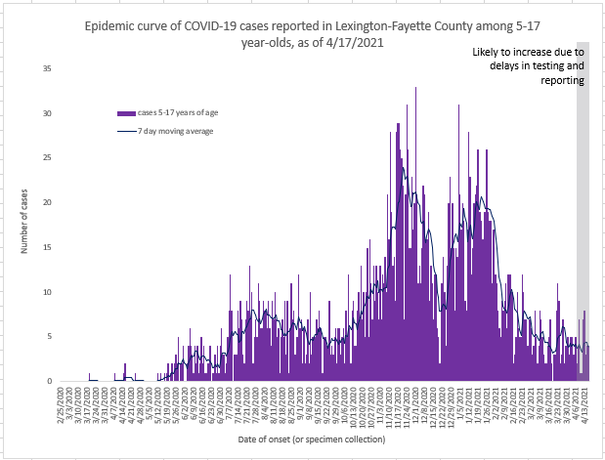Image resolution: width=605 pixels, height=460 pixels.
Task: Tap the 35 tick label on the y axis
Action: click(x=47, y=68)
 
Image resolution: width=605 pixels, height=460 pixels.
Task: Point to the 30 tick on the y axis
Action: click(x=47, y=113)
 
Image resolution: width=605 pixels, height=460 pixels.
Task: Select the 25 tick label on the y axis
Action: click(x=47, y=158)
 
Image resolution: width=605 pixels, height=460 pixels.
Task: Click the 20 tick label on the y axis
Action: click(x=47, y=202)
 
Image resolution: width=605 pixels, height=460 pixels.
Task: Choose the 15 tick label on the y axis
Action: click(x=47, y=247)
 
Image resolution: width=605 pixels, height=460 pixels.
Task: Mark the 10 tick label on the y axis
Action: click(x=47, y=292)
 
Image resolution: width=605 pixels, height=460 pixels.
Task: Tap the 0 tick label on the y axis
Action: click(x=50, y=381)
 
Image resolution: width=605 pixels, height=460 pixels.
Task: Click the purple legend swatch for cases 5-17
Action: click(x=123, y=113)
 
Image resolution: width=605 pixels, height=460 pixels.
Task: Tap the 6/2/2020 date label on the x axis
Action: click(x=186, y=408)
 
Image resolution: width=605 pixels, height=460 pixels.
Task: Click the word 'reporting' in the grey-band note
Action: click(x=564, y=81)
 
